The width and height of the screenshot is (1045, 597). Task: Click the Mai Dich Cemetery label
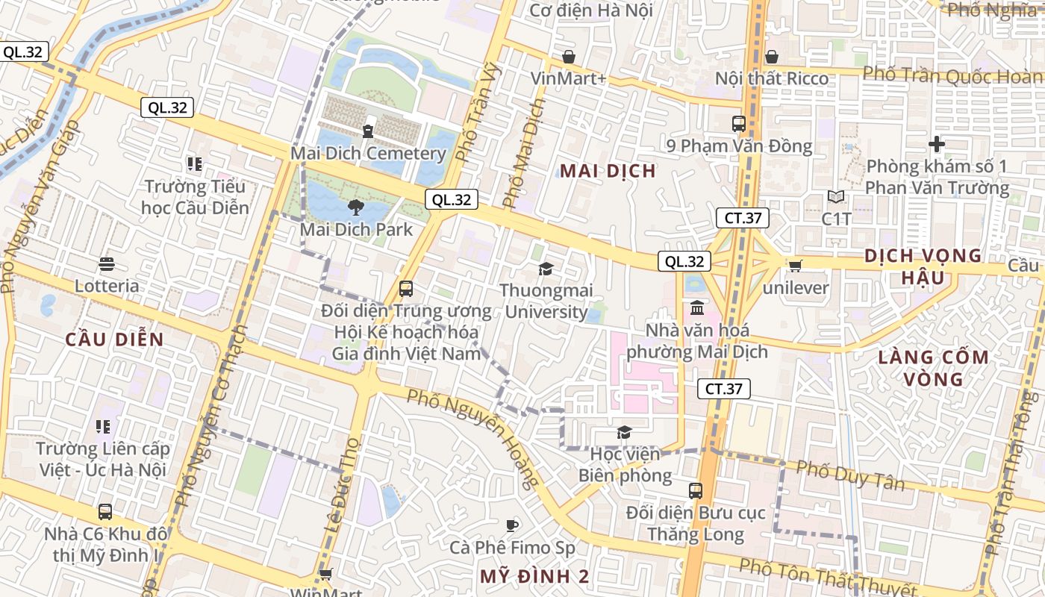point(368,154)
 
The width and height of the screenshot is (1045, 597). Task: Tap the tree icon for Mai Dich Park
point(356,207)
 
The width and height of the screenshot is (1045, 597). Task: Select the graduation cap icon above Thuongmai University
point(546,269)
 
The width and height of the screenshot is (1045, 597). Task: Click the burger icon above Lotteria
point(107,263)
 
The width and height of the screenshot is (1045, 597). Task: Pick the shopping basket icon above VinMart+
point(569,57)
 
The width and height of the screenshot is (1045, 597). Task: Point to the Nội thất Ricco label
point(772,78)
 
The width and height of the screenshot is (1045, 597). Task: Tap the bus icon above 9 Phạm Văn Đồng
point(739,124)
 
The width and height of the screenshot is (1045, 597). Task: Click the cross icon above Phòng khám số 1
point(937,144)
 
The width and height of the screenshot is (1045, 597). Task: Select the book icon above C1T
point(836,197)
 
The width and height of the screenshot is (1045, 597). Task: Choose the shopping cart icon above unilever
point(796,266)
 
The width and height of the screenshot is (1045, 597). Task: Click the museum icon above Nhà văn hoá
point(697,307)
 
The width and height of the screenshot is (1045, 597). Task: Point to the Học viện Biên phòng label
point(625,464)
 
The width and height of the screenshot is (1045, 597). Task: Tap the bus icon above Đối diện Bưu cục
point(696,490)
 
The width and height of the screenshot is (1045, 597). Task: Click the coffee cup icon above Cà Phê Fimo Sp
point(512,525)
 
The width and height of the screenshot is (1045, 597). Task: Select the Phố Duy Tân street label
point(849,475)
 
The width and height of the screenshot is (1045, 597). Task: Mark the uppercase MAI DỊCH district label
point(608,171)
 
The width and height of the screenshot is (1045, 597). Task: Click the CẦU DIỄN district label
point(114,340)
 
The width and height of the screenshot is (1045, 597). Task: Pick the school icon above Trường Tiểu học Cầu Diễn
point(195,163)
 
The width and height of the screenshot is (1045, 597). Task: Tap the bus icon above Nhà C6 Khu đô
point(105,512)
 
